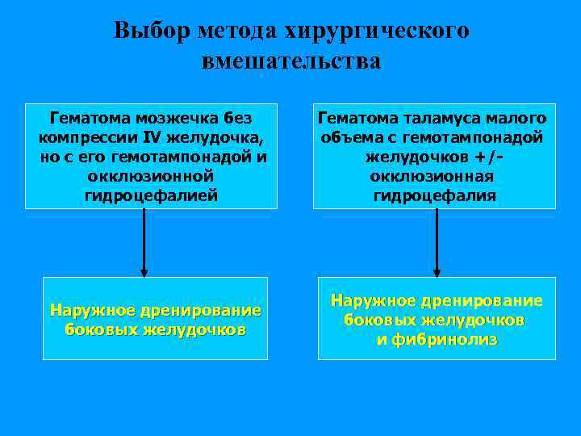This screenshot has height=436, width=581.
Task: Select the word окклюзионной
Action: pyautogui.click(x=151, y=175)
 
